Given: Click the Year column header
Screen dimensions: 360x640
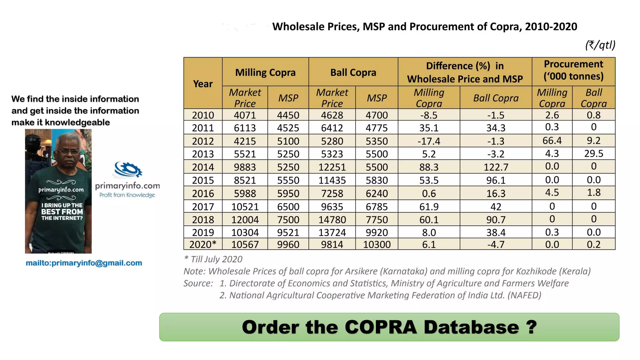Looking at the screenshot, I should coord(203,83).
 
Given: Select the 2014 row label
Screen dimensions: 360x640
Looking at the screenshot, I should coord(203,167).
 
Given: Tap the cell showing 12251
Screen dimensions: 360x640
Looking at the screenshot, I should coord(332,167).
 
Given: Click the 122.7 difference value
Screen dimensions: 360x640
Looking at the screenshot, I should coord(496,167).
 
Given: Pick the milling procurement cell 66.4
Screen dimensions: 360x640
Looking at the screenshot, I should coord(552,140).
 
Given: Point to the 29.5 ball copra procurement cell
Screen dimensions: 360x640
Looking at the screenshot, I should coord(593,153).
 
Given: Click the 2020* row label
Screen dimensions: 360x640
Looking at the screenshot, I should coord(203,244).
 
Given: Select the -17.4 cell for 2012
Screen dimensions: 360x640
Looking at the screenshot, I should coord(429,141).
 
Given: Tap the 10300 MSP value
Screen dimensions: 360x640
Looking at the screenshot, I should coord(377,244).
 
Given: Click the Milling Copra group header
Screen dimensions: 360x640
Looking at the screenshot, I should coord(265,72).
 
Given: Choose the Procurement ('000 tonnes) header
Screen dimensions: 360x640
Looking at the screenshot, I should coord(573,70).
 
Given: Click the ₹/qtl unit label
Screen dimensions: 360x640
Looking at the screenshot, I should coord(600,45).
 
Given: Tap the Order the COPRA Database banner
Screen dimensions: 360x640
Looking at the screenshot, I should coord(389,327).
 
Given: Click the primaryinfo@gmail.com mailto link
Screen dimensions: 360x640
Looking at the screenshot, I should coord(84,263).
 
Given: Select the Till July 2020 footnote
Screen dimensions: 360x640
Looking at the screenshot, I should coord(213,259).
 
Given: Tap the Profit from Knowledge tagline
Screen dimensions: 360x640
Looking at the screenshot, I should coord(127,195).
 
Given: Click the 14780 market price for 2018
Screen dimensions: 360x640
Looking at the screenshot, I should coord(332,219).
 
